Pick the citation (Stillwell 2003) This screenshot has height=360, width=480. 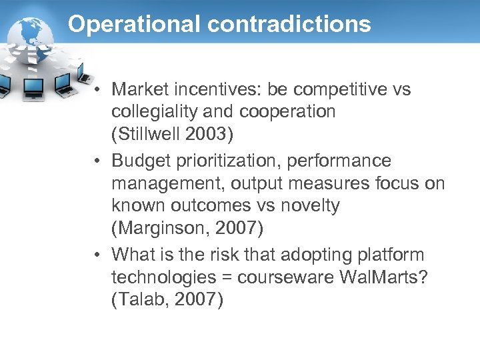coord(173,134)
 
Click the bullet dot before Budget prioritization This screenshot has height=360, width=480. coord(97,161)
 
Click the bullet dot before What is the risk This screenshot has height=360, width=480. coord(97,255)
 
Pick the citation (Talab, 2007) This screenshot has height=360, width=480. coord(167,300)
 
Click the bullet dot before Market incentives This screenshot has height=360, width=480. coord(97,89)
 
